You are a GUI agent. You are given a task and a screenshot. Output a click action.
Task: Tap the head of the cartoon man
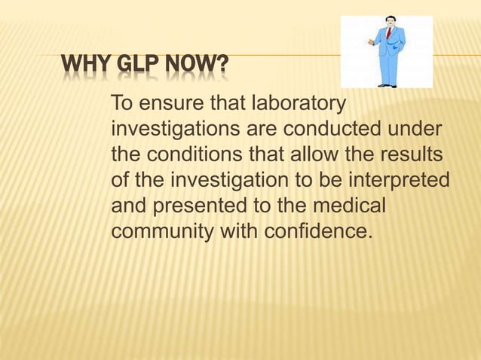[x=390, y=20]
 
